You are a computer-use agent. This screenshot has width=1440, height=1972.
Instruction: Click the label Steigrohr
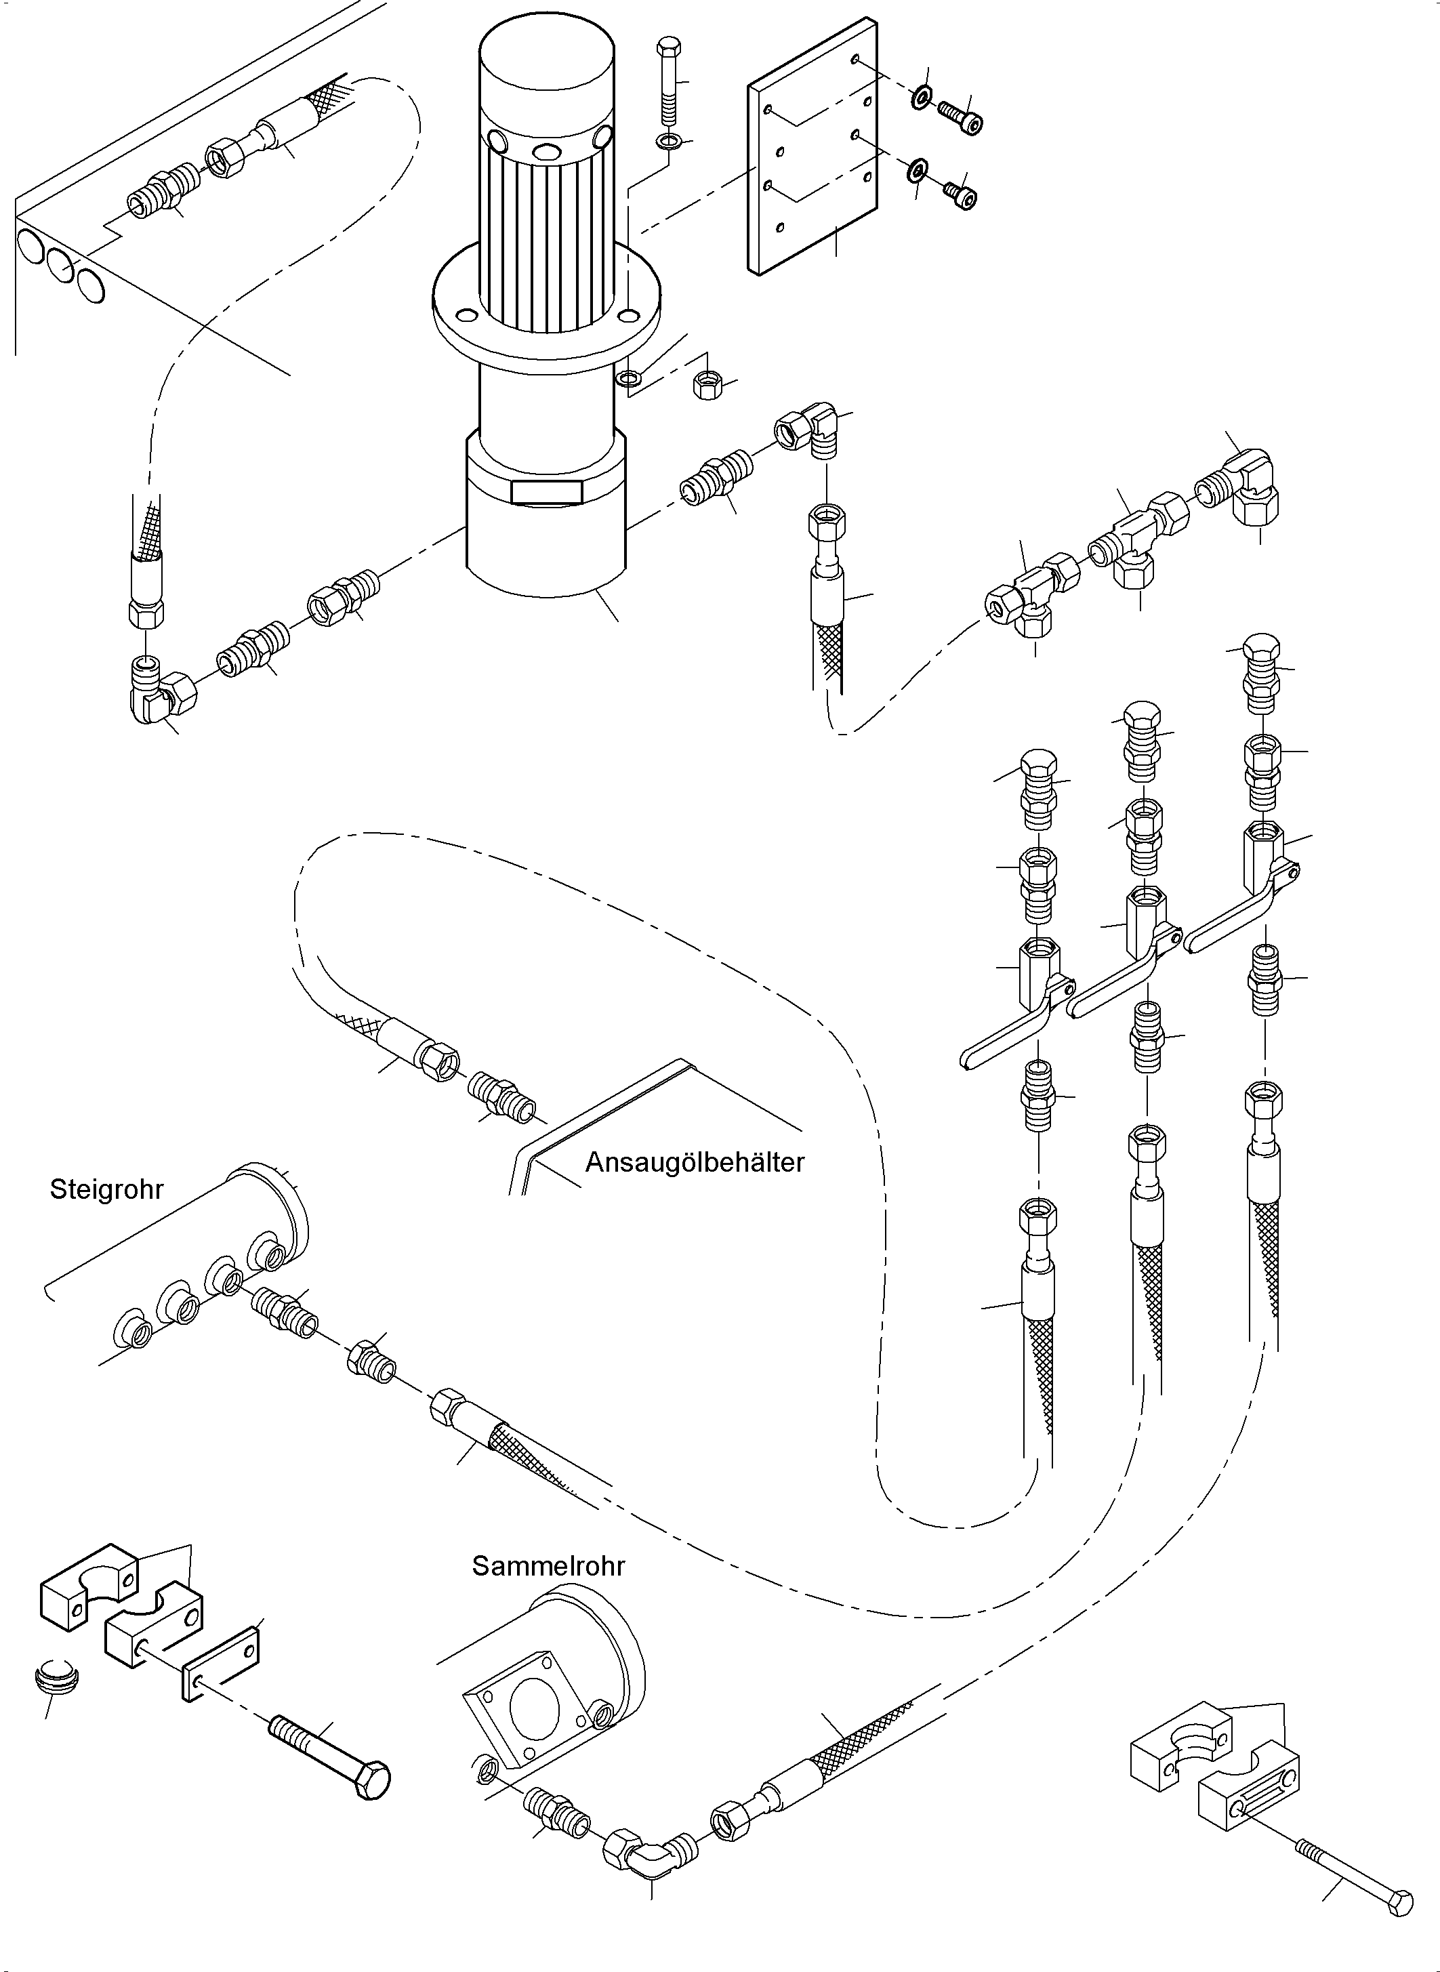click(106, 1190)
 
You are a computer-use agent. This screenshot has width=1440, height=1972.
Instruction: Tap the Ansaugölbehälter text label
click(695, 1163)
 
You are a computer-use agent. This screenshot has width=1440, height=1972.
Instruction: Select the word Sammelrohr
click(548, 1567)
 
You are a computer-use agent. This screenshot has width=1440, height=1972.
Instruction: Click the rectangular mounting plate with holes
click(812, 146)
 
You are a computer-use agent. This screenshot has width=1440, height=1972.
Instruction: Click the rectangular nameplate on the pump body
click(547, 492)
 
